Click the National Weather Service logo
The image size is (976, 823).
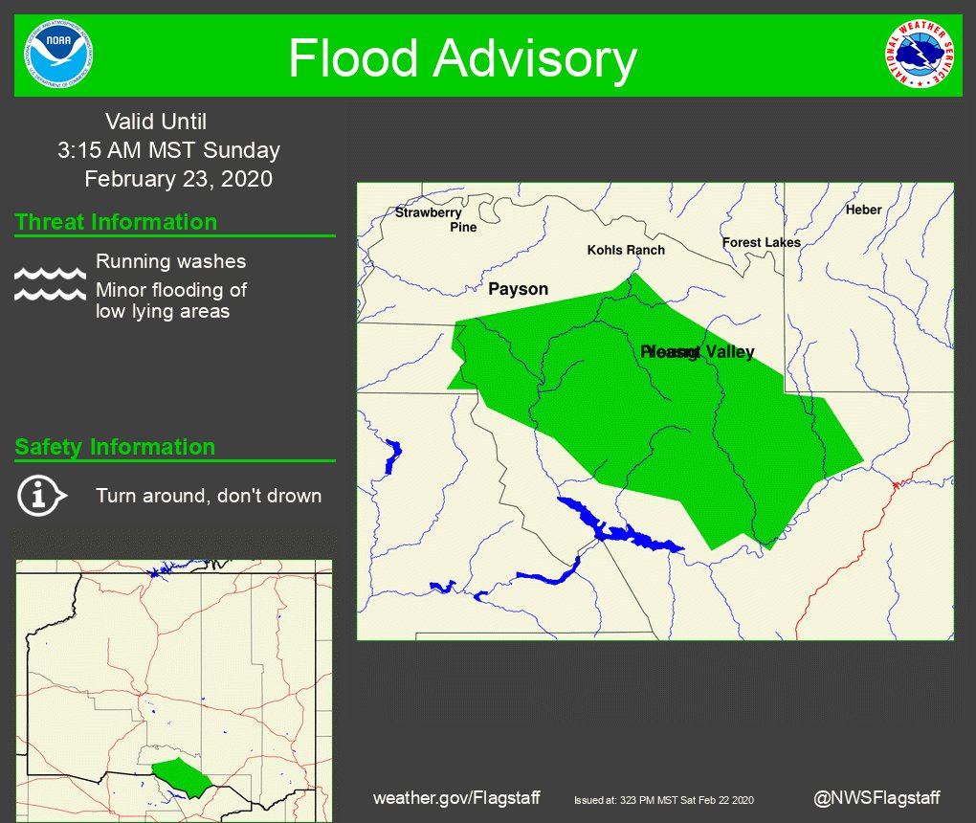[920, 55]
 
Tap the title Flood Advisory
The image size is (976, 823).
[462, 58]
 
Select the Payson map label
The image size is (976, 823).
[518, 289]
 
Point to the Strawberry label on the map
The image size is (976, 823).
[429, 212]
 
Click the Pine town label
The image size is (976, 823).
[463, 228]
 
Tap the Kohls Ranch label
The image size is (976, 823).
[626, 250]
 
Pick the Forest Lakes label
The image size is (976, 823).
[761, 243]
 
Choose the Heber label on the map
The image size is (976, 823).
[863, 210]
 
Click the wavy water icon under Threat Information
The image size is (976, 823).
[50, 284]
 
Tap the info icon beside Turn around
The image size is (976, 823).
[41, 495]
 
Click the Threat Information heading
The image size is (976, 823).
[116, 222]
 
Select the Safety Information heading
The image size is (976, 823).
[115, 447]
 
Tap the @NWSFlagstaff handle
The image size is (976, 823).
[876, 797]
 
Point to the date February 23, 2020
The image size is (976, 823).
[178, 179]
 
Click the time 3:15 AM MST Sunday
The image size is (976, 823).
[168, 150]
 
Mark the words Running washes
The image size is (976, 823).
[170, 261]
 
